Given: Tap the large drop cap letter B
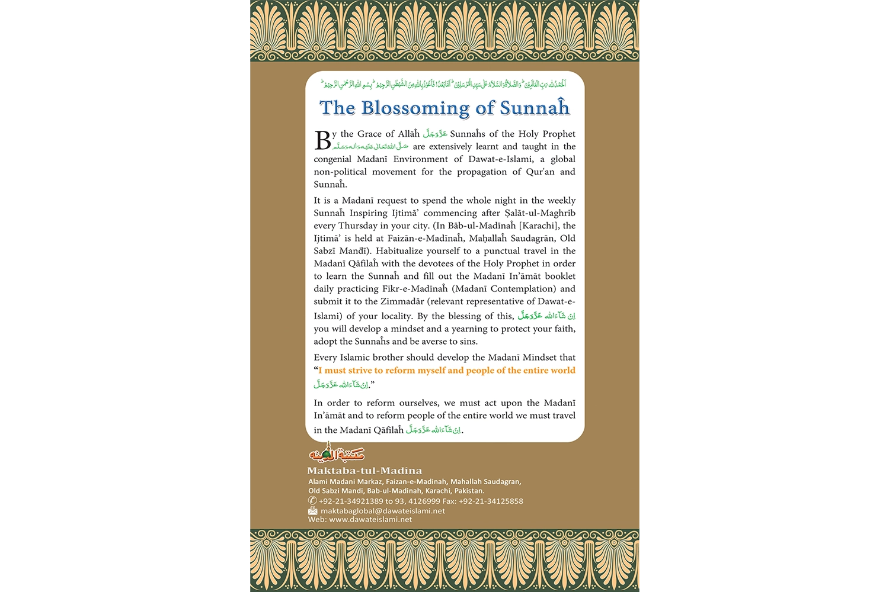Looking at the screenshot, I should click(322, 140).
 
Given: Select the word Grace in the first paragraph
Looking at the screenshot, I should click(369, 134).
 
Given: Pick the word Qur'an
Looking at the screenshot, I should click(540, 172).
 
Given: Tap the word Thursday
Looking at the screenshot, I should click(358, 226).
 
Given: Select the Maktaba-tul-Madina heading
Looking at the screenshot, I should click(364, 471).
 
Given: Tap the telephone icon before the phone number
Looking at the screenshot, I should click(312, 501).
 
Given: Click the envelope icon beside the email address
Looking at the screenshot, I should click(313, 510).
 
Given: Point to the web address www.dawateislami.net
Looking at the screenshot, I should click(370, 520).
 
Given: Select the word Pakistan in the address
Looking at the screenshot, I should click(469, 491).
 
